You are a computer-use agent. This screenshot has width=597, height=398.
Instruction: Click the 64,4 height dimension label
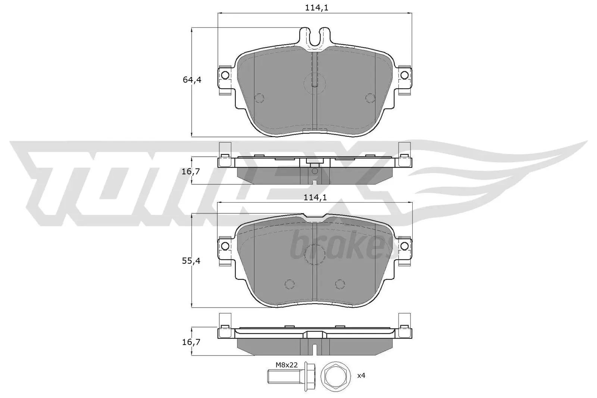[x=192, y=79]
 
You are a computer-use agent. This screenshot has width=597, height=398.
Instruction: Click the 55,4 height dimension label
[x=192, y=261]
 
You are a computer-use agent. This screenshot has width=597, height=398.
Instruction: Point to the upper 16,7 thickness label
[x=192, y=172]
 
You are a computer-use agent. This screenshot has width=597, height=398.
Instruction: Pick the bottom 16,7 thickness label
[x=192, y=342]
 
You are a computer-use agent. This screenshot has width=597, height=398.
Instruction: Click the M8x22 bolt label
[x=287, y=365]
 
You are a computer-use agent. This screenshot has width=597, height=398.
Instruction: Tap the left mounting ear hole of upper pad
[x=225, y=75]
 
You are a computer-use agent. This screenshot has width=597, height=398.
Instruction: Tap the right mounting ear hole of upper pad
[x=404, y=75]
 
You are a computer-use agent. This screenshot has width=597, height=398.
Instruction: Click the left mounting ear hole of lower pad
[x=225, y=245]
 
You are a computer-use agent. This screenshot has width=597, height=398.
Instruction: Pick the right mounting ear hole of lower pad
[x=404, y=245]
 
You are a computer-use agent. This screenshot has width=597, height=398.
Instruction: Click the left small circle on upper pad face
[x=259, y=98]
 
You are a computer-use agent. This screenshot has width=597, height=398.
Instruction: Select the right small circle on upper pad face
[x=370, y=98]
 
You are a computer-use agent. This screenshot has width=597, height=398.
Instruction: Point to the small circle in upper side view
[x=315, y=171]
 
